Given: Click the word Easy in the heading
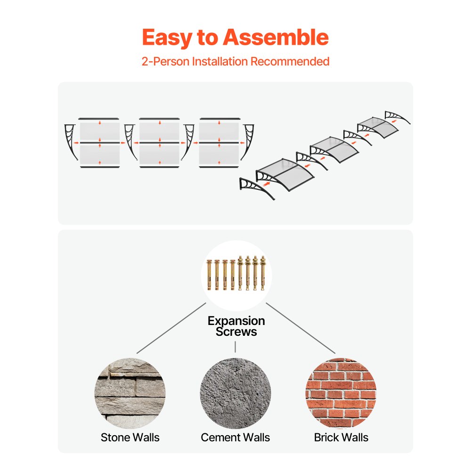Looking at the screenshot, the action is click(x=167, y=38).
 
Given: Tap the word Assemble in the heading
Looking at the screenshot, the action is click(x=276, y=37).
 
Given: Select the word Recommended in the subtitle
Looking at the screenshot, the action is click(x=290, y=61).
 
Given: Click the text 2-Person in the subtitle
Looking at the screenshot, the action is click(x=165, y=61).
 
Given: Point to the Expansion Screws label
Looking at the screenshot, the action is click(x=236, y=326).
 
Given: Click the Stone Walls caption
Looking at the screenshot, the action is click(x=130, y=438).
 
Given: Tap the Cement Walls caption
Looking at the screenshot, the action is click(x=235, y=438).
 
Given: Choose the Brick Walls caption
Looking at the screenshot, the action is click(x=341, y=438).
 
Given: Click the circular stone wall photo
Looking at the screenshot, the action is click(x=130, y=393).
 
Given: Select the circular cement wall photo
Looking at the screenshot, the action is click(x=235, y=393).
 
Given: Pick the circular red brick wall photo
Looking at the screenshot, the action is click(x=341, y=393).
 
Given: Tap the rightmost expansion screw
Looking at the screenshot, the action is click(x=263, y=273).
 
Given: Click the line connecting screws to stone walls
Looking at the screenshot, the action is click(x=171, y=328).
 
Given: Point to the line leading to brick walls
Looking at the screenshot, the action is click(x=300, y=328).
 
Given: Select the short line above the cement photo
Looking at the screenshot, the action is click(x=235, y=347).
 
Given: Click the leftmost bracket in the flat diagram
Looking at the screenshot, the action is click(x=71, y=142).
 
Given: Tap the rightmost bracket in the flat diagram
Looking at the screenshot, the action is click(x=247, y=142).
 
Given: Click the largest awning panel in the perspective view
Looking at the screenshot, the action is click(x=285, y=174).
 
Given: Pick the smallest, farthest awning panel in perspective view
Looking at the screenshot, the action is click(x=378, y=127).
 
